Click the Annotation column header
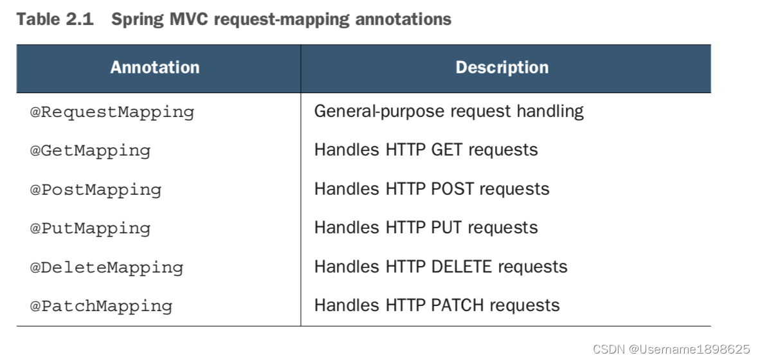click(x=154, y=67)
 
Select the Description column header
click(x=502, y=67)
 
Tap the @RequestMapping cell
click(x=112, y=112)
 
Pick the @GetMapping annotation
click(x=90, y=150)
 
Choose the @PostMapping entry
click(x=96, y=190)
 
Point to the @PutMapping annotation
click(x=90, y=228)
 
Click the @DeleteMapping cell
click(x=107, y=267)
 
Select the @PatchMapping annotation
click(x=102, y=306)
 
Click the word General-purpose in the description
click(x=379, y=112)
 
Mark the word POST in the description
click(x=452, y=188)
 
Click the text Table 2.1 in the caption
click(x=55, y=19)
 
